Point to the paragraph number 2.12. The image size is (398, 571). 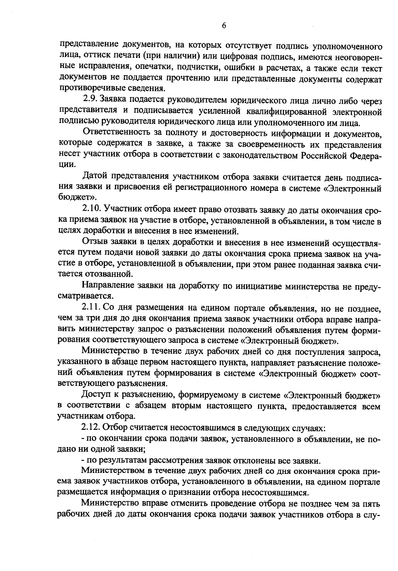tap(92, 428)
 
